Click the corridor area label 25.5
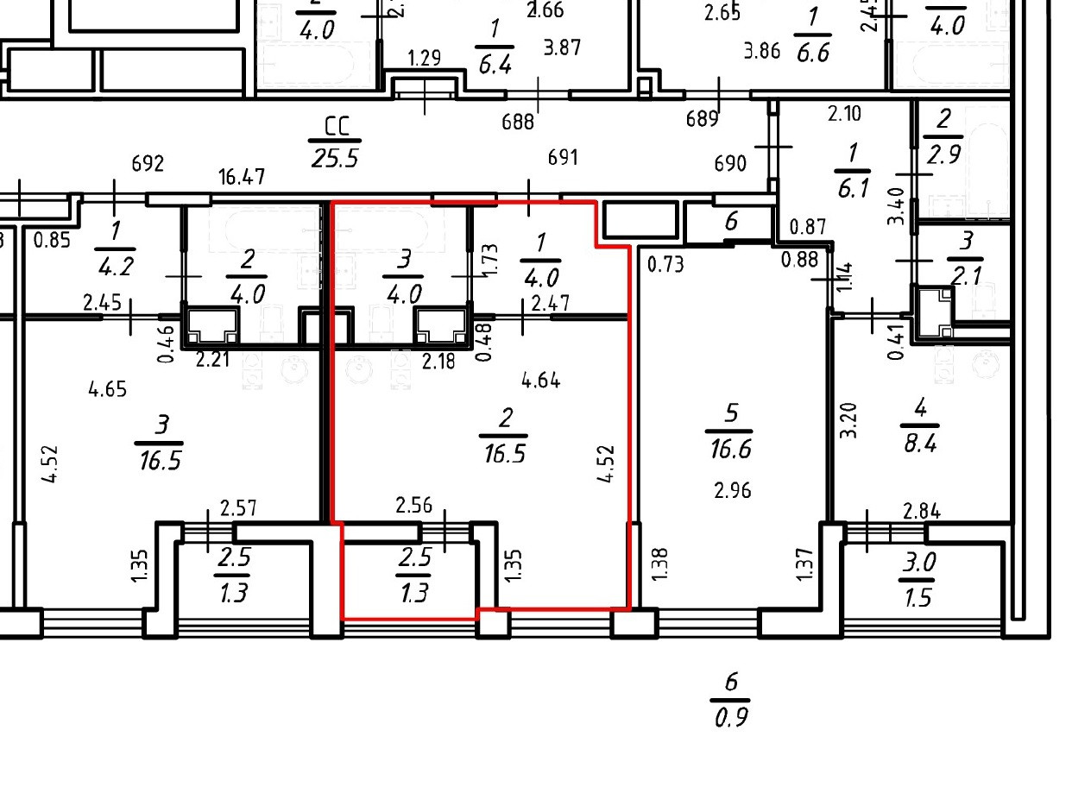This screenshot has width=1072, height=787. point(332,159)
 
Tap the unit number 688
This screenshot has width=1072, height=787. point(518,122)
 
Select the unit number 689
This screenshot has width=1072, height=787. point(702,118)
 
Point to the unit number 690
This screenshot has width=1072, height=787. point(731,164)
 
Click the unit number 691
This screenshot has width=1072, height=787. point(563,158)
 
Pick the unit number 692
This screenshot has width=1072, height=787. point(148,164)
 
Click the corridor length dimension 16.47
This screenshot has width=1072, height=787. point(242,179)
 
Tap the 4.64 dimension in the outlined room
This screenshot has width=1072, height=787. point(541,379)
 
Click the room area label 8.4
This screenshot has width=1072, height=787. point(919,444)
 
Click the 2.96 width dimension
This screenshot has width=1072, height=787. point(732,491)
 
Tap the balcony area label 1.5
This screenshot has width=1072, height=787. point(918,597)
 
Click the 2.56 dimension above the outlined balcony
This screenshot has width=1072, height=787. point(413,505)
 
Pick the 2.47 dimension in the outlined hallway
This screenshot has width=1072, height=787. point(549,303)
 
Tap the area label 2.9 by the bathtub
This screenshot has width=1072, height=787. point(943,154)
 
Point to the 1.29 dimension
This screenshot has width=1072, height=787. point(425,60)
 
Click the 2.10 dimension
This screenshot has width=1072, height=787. point(845,113)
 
